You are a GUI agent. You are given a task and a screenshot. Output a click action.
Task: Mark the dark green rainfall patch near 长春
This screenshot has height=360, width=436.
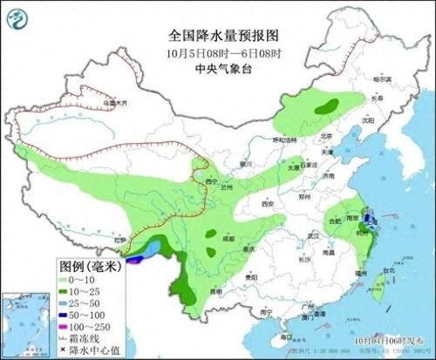(329, 107)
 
